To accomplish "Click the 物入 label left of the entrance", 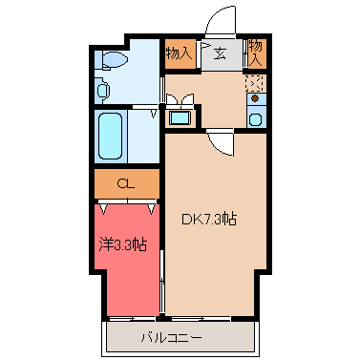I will (180, 53).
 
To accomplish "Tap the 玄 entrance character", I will (220, 54).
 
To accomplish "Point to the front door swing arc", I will (222, 19).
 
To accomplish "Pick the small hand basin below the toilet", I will (103, 92).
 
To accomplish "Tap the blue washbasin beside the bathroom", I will (179, 118).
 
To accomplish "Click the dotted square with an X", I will (255, 81).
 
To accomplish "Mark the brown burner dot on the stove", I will (255, 98).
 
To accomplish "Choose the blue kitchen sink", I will (255, 118).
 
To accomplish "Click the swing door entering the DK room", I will (221, 143).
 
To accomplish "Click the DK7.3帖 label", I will (209, 219).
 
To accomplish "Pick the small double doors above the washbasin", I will (179, 97).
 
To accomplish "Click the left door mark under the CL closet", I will (102, 205).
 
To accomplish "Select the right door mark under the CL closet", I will (152, 205).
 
